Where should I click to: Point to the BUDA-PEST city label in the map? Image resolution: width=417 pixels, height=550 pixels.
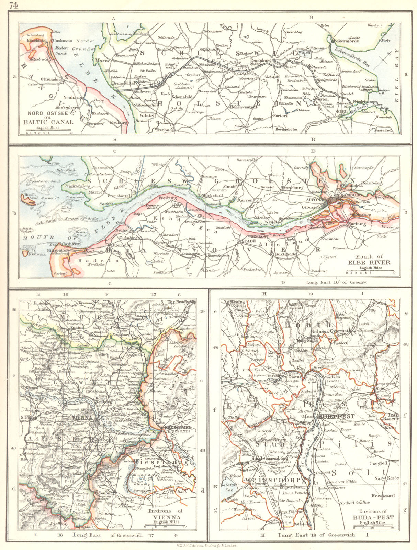point(331,416)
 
